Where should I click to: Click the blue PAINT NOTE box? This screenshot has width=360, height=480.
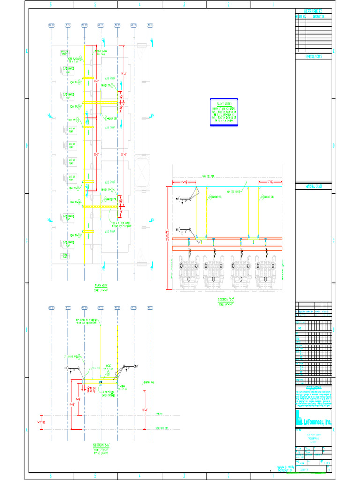tap(224, 112)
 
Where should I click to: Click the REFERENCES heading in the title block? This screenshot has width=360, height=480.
tap(314, 11)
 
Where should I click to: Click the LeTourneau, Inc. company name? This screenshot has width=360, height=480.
tap(317, 422)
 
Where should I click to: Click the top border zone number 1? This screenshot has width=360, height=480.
tap(273, 4)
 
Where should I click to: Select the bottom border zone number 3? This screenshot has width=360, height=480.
tap(184, 476)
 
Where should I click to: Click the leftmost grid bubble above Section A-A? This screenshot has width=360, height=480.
tap(52, 307)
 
